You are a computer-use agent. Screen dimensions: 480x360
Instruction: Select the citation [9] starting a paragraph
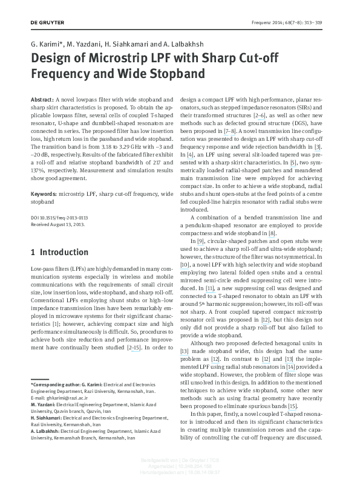click(x=202, y=241)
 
